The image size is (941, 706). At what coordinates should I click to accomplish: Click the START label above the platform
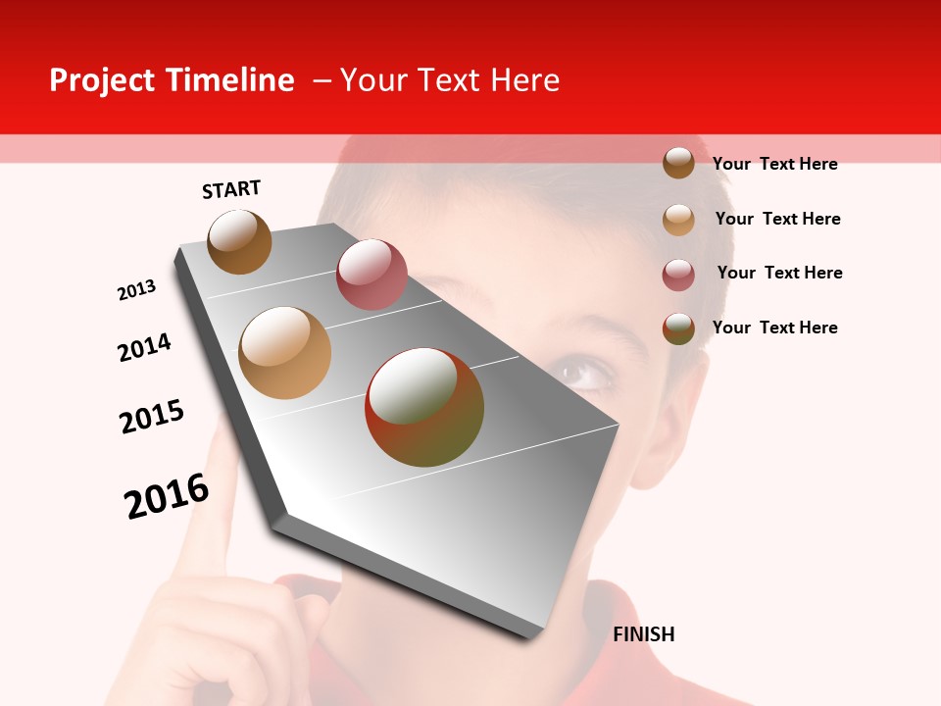231,189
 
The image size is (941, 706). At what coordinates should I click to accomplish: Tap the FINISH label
643,634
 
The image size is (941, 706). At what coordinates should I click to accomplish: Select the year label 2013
136,290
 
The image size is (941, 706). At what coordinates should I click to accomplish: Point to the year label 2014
144,347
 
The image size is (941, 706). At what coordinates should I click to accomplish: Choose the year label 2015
152,417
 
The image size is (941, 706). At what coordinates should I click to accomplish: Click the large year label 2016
167,496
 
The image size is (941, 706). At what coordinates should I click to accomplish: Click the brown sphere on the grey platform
239,241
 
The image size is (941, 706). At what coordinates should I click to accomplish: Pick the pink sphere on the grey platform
371,275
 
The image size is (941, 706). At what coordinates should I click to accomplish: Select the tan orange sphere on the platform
285,353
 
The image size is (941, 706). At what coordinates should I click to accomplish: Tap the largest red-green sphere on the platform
424,407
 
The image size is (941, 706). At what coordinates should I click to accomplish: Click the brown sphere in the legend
678,163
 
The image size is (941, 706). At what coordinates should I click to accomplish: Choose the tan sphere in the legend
678,219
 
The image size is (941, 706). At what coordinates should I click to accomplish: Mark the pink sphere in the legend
678,274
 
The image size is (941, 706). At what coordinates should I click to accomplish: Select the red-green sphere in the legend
678,328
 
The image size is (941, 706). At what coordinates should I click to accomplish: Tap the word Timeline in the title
231,80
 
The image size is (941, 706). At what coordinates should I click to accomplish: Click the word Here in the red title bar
524,80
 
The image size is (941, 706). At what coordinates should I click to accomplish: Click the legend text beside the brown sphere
774,164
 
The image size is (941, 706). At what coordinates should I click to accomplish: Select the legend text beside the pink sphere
779,273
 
